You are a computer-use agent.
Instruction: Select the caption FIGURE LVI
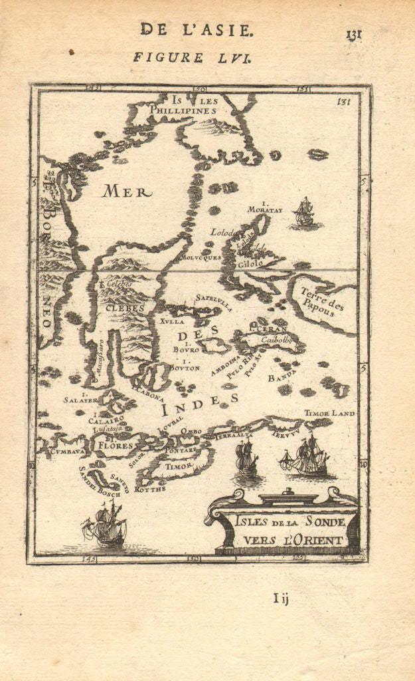click(x=191, y=57)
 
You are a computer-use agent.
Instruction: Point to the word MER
click(x=126, y=192)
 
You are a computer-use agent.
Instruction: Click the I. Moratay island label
click(x=265, y=206)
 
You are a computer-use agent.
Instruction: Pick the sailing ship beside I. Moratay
click(x=304, y=213)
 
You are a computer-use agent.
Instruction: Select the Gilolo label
click(x=247, y=263)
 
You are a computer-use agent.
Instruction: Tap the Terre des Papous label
click(x=321, y=299)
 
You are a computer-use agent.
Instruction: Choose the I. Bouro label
click(x=186, y=345)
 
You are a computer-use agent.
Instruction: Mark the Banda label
click(x=281, y=378)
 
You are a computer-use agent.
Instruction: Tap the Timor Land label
click(x=329, y=413)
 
